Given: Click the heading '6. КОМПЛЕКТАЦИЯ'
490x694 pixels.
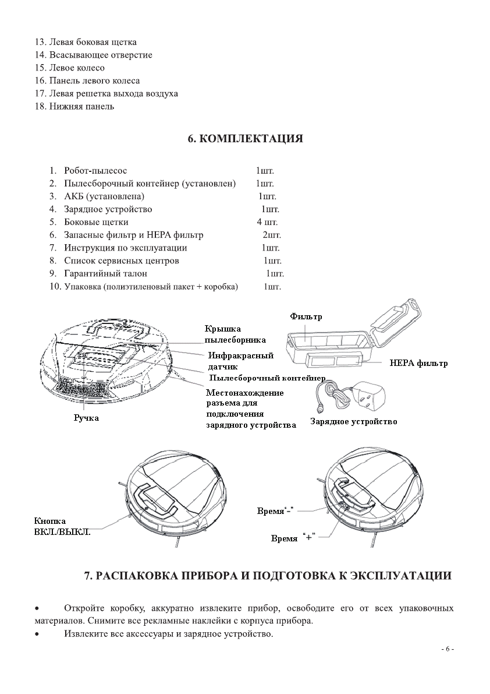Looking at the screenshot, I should (245, 139).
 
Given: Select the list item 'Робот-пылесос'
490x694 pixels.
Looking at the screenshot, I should (95, 171).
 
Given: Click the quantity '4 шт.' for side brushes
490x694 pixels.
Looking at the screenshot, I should (267, 222).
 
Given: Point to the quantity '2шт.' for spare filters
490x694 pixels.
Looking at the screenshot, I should (272, 235).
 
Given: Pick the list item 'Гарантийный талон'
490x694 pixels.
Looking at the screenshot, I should (106, 273).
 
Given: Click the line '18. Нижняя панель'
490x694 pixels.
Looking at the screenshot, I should (74, 106).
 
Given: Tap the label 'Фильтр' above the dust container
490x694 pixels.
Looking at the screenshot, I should (306, 316).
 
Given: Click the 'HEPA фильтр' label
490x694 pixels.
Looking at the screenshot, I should (419, 363).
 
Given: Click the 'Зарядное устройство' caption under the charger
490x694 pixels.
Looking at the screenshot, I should (354, 421).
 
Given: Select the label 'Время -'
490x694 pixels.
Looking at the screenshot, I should (274, 511).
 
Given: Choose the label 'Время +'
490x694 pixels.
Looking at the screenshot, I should (293, 538).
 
